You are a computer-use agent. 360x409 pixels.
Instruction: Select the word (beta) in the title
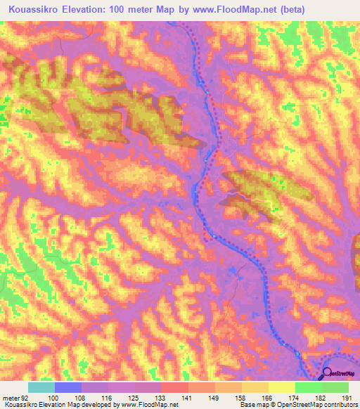(x=340, y=10)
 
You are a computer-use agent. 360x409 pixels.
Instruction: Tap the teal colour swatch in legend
(x=41, y=387)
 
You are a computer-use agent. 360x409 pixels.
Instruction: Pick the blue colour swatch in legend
(x=68, y=387)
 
